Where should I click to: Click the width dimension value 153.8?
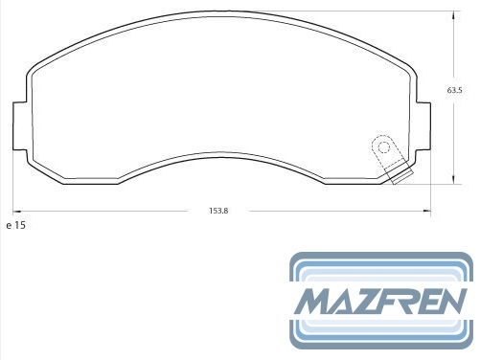coord(218,211)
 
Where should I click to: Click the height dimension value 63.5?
coord(454,90)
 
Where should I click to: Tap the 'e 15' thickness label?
coord(15,225)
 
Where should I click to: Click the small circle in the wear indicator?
coord(384,147)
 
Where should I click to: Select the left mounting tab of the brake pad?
coord(19,126)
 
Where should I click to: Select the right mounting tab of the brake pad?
coord(423,126)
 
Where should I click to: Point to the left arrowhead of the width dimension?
coord(16,211)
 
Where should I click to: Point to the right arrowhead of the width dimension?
coord(426,211)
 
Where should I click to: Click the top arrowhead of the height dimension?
coord(453,15)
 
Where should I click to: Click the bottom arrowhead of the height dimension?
coord(453,180)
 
